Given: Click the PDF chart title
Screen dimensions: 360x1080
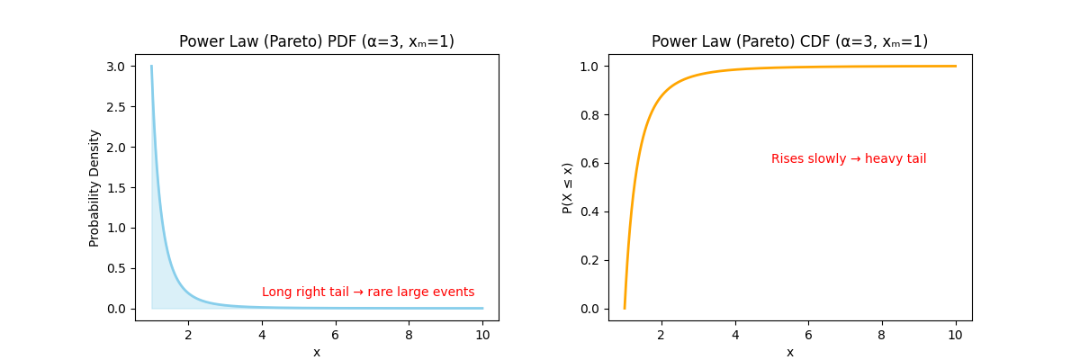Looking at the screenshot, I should [317, 41].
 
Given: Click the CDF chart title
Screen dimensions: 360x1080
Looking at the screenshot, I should [789, 41].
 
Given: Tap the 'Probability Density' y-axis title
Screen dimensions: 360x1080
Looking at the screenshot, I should [94, 187].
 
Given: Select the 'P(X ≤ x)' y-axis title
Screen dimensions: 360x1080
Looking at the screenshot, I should [568, 187].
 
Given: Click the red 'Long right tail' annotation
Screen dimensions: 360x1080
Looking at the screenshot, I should [368, 292].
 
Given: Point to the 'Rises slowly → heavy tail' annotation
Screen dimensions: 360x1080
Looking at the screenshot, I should [848, 159].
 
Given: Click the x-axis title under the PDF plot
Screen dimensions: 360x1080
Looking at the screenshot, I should [317, 352].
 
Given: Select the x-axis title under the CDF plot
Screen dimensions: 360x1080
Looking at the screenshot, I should [789, 352].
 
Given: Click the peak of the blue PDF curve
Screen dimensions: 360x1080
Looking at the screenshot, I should [151, 67].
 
